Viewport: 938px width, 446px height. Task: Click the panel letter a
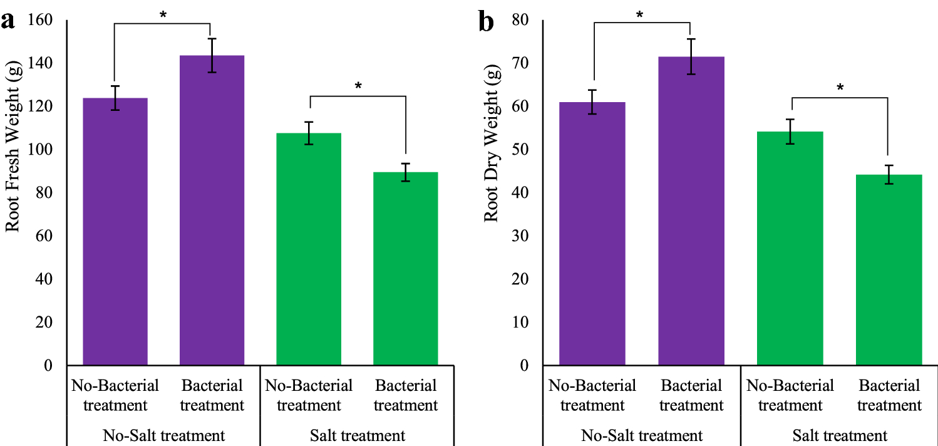point(8,22)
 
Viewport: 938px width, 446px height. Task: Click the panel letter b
point(486,22)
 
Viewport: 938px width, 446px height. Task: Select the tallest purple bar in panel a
point(212,210)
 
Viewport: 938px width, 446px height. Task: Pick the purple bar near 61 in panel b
point(592,233)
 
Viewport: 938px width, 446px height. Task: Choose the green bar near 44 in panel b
point(889,269)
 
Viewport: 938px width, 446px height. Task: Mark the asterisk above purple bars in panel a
point(163,14)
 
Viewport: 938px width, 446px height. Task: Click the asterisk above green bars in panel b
point(840,88)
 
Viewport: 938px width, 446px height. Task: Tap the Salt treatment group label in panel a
point(357,435)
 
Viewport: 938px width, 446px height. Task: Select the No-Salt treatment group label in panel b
point(642,435)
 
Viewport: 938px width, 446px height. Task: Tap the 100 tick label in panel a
point(42,150)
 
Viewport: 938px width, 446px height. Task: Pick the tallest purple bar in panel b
point(691,210)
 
